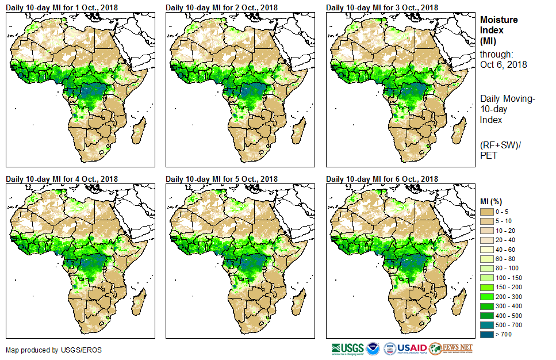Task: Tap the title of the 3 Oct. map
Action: click(382, 7)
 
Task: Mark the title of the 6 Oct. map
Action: click(382, 179)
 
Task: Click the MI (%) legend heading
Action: click(492, 201)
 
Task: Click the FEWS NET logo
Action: click(451, 348)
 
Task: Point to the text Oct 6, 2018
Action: click(503, 64)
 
